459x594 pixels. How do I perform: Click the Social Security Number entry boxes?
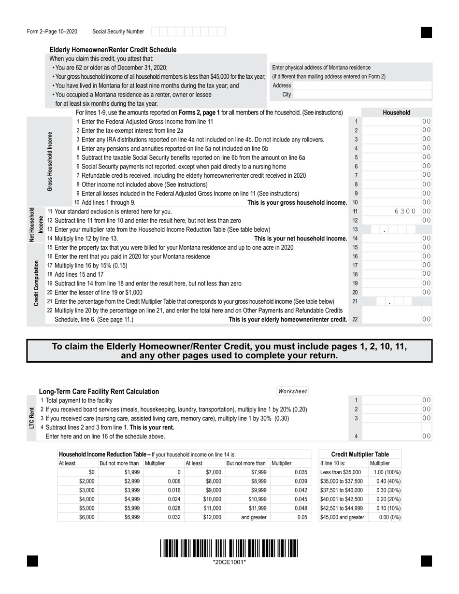(188, 32)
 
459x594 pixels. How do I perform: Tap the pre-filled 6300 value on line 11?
(405, 212)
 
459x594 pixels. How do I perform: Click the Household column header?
(396, 113)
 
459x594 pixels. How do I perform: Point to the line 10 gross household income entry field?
(391, 202)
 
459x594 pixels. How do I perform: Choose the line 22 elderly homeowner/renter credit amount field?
(391, 319)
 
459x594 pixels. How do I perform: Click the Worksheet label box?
(292, 392)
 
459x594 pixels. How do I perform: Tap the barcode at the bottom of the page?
(229, 549)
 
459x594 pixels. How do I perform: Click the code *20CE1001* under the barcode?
(229, 562)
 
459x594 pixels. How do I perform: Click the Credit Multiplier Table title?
(359, 454)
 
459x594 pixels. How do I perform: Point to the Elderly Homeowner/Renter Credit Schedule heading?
(113, 50)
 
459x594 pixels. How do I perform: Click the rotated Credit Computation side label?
(37, 283)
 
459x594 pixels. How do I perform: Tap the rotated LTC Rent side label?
(32, 418)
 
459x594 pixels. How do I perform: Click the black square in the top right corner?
(426, 32)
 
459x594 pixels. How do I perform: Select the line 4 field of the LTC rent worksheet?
(391, 436)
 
